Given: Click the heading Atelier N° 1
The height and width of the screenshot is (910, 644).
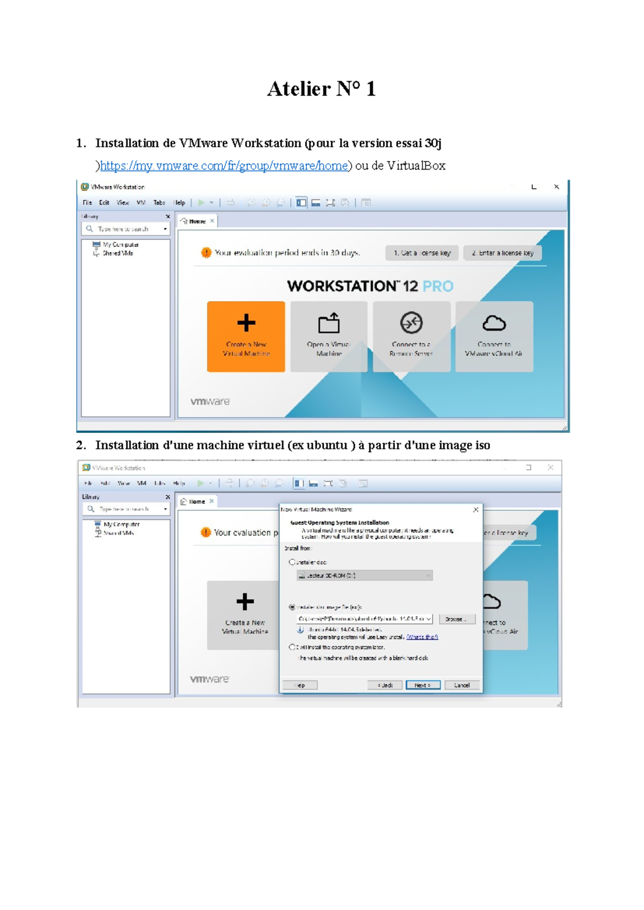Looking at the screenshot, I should point(321,89).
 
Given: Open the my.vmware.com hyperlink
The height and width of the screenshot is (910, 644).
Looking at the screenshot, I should point(224,166).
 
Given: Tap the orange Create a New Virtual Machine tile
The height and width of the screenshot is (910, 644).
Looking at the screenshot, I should point(246,336).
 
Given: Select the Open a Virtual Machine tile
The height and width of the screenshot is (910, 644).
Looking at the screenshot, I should point(328,336).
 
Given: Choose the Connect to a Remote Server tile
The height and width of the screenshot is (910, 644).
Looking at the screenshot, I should point(411,336).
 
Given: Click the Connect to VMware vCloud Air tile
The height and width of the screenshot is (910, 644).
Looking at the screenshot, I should point(494,336).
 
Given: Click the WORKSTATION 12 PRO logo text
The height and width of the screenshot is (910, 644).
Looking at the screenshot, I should point(370,286).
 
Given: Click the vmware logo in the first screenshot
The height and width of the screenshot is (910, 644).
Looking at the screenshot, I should point(210,401).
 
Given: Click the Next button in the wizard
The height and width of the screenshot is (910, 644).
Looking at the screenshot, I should point(423,685).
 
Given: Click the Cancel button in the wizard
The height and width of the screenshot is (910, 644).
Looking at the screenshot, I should point(462,685).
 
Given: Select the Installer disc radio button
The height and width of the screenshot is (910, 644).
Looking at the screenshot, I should point(292,562).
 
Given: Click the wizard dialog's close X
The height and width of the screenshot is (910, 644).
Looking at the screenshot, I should point(475,510).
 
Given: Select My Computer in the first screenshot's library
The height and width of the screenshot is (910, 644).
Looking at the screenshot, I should point(120,245).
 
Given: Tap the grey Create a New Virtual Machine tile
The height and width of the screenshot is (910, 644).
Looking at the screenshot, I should point(245,615).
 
